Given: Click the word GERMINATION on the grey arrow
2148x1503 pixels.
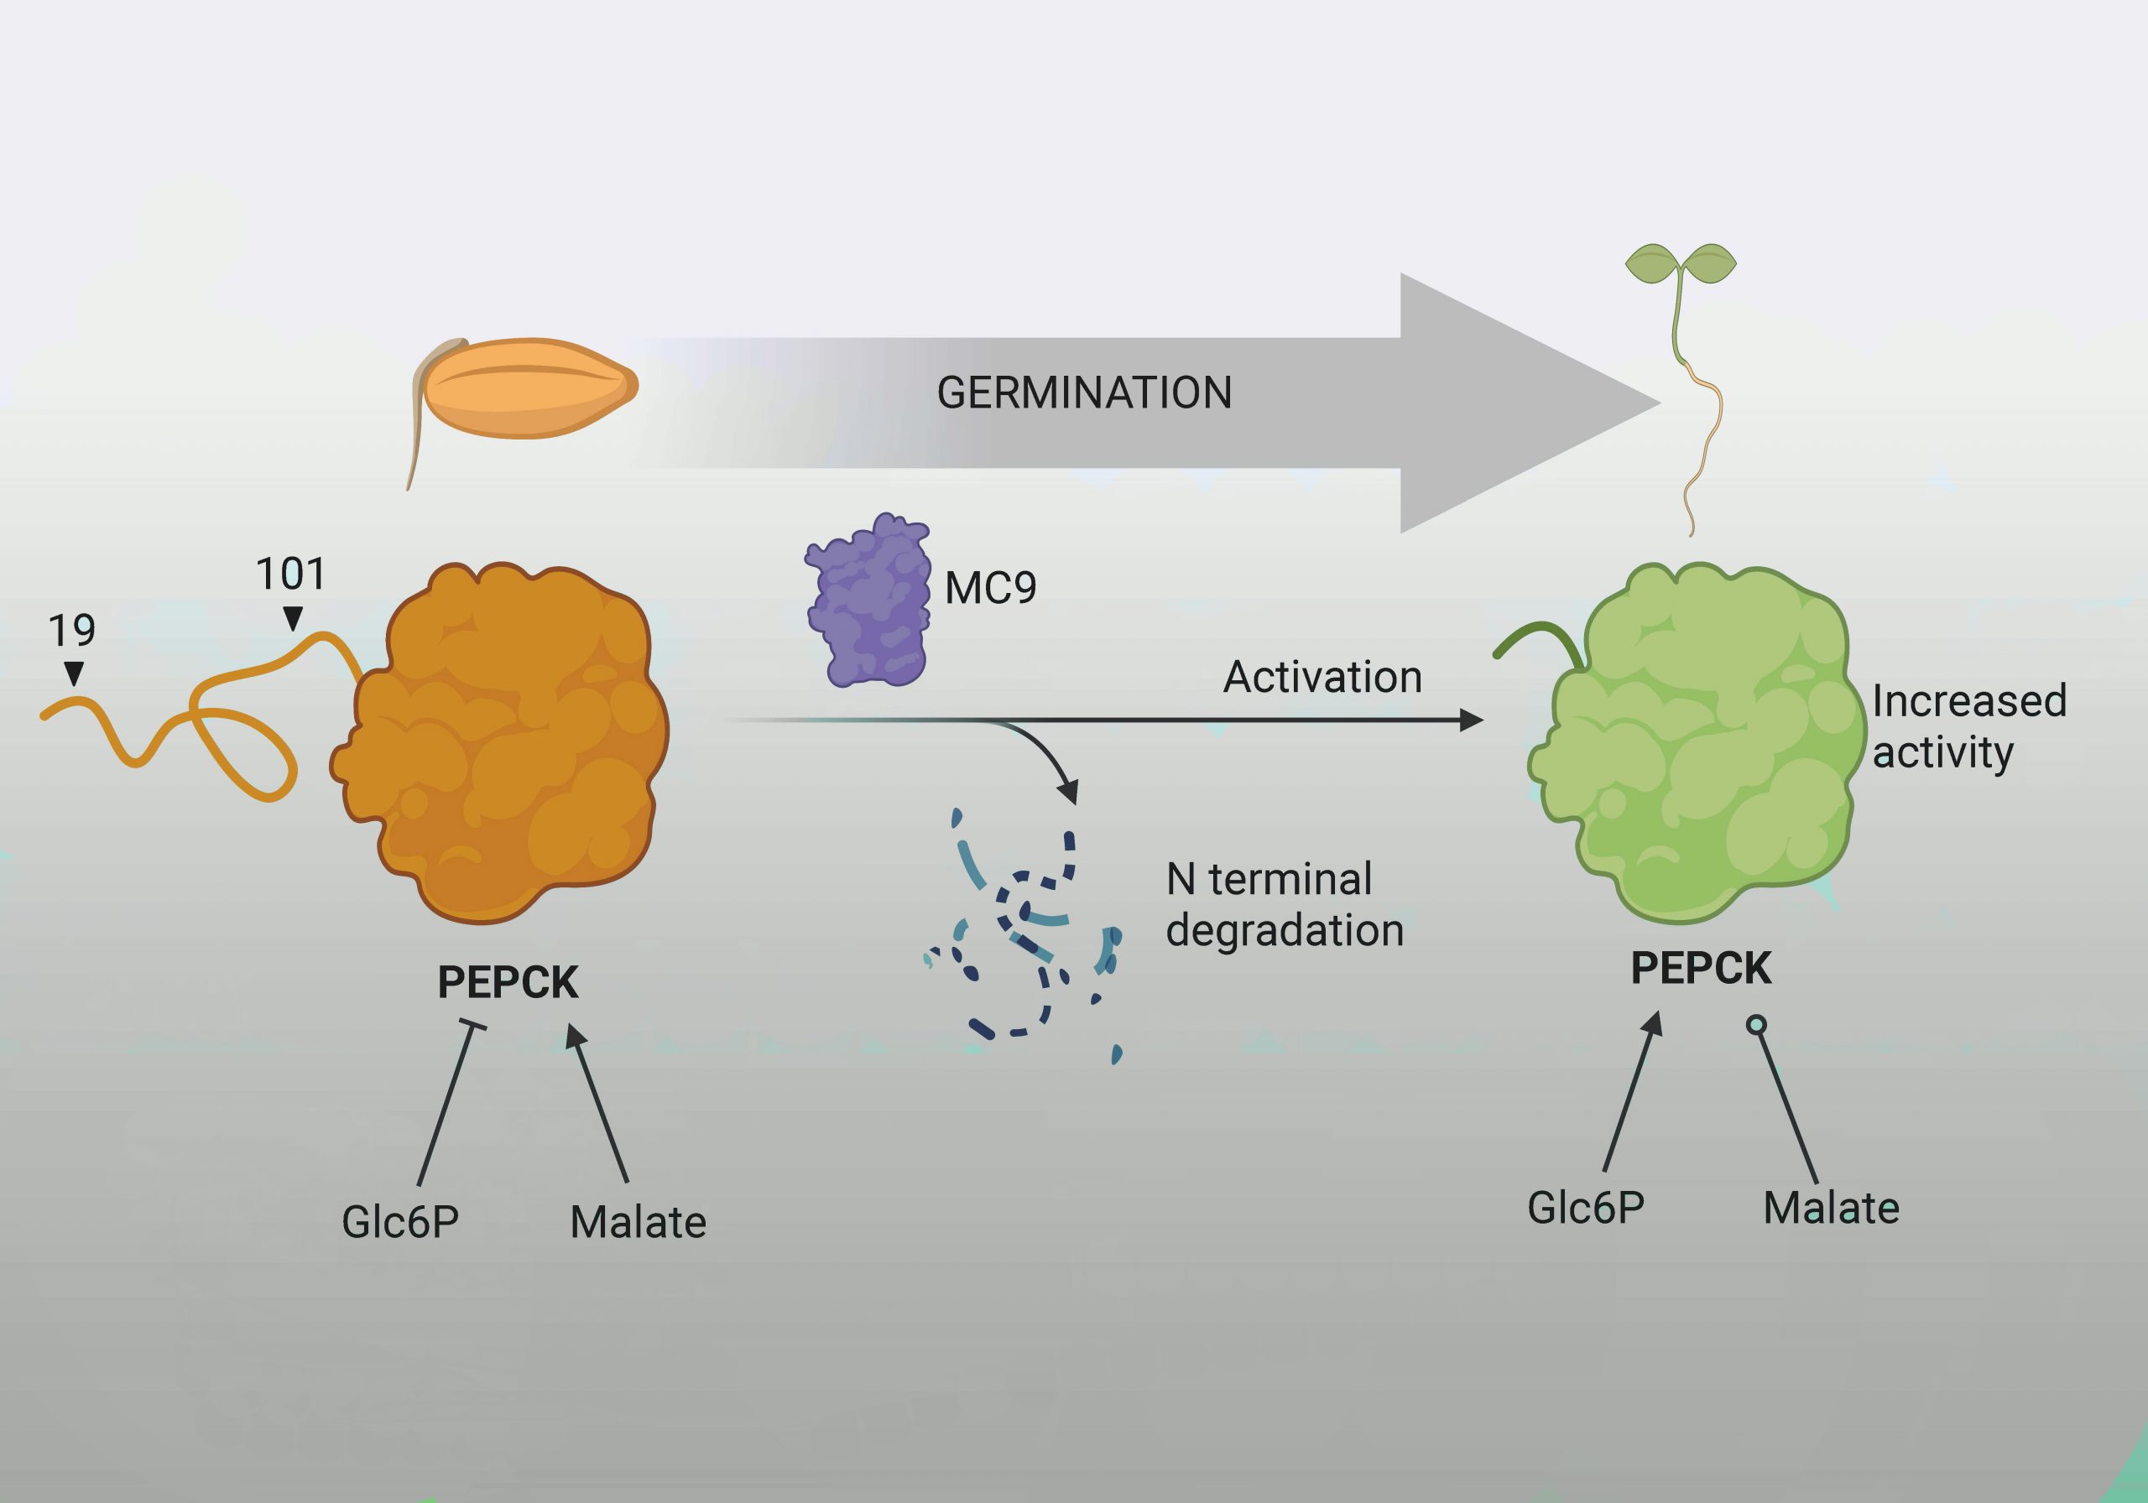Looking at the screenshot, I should pyautogui.click(x=1083, y=393).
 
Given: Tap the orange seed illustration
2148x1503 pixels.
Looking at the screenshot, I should pyautogui.click(x=529, y=387).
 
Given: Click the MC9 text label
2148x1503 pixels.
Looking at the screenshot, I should pyautogui.click(x=991, y=588).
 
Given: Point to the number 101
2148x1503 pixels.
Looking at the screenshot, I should pyautogui.click(x=290, y=574).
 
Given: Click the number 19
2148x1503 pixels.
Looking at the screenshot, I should pyautogui.click(x=71, y=632).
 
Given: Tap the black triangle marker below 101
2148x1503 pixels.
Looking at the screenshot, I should pyautogui.click(x=293, y=618).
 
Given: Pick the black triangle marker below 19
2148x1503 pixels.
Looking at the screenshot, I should pyautogui.click(x=73, y=673).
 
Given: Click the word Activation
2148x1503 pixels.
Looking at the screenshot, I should pyautogui.click(x=1322, y=677).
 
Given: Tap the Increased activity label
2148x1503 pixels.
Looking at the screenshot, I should pyautogui.click(x=1968, y=725).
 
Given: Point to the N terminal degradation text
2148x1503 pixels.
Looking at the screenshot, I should pyautogui.click(x=1284, y=904).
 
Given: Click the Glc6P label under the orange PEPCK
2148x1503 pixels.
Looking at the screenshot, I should pyautogui.click(x=400, y=1221).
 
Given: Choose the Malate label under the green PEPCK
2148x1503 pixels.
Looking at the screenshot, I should pyautogui.click(x=1831, y=1208).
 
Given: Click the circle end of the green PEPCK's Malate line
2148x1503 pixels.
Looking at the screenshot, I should pyautogui.click(x=1756, y=1025).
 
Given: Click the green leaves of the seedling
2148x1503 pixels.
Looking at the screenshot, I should pyautogui.click(x=1681, y=263).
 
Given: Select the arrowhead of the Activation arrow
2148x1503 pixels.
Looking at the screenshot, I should pyautogui.click(x=1472, y=720).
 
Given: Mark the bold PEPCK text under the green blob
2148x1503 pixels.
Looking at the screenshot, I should pyautogui.click(x=1701, y=968).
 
